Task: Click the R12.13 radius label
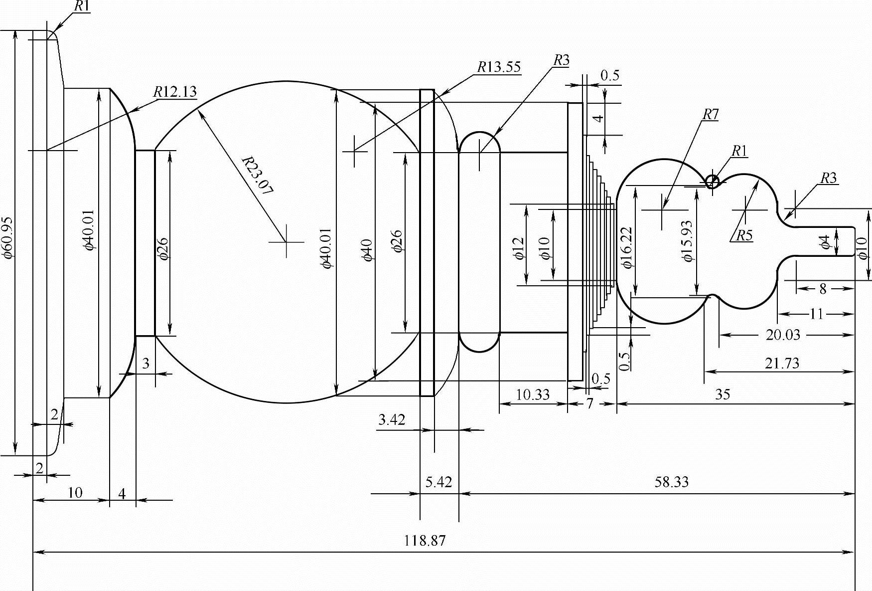pos(175,91)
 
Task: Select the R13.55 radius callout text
pos(499,67)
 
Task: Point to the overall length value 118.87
pos(425,541)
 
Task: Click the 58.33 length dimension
pos(672,482)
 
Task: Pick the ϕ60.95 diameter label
pos(8,237)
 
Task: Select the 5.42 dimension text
pos(438,482)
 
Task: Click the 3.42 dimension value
pos(392,420)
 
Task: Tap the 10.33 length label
pos(533,394)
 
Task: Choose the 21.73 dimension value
pos(782,363)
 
